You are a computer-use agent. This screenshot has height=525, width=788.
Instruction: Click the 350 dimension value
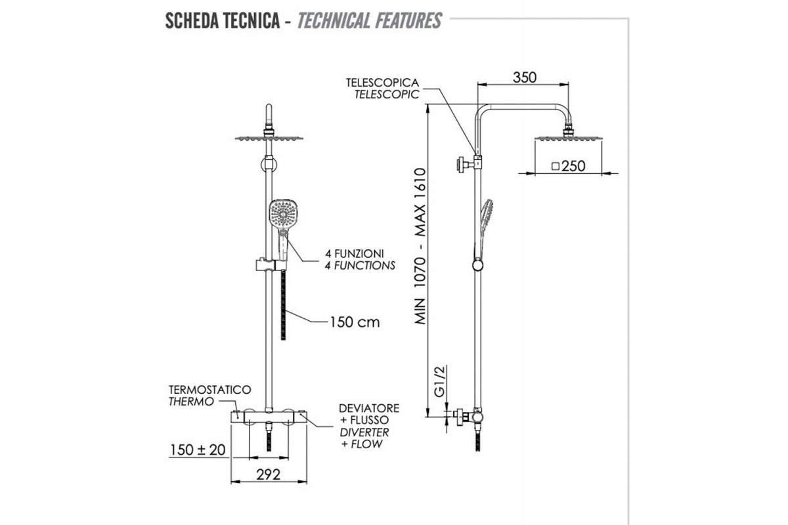point(525,77)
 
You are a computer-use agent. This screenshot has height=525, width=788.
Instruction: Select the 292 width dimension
point(269,474)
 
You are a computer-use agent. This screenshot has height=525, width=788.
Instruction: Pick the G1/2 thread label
point(440,381)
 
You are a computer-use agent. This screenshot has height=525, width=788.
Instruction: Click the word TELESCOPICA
point(383,83)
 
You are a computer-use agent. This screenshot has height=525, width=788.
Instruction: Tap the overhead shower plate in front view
point(269,137)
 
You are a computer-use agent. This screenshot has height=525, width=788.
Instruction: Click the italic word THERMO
point(191,402)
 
